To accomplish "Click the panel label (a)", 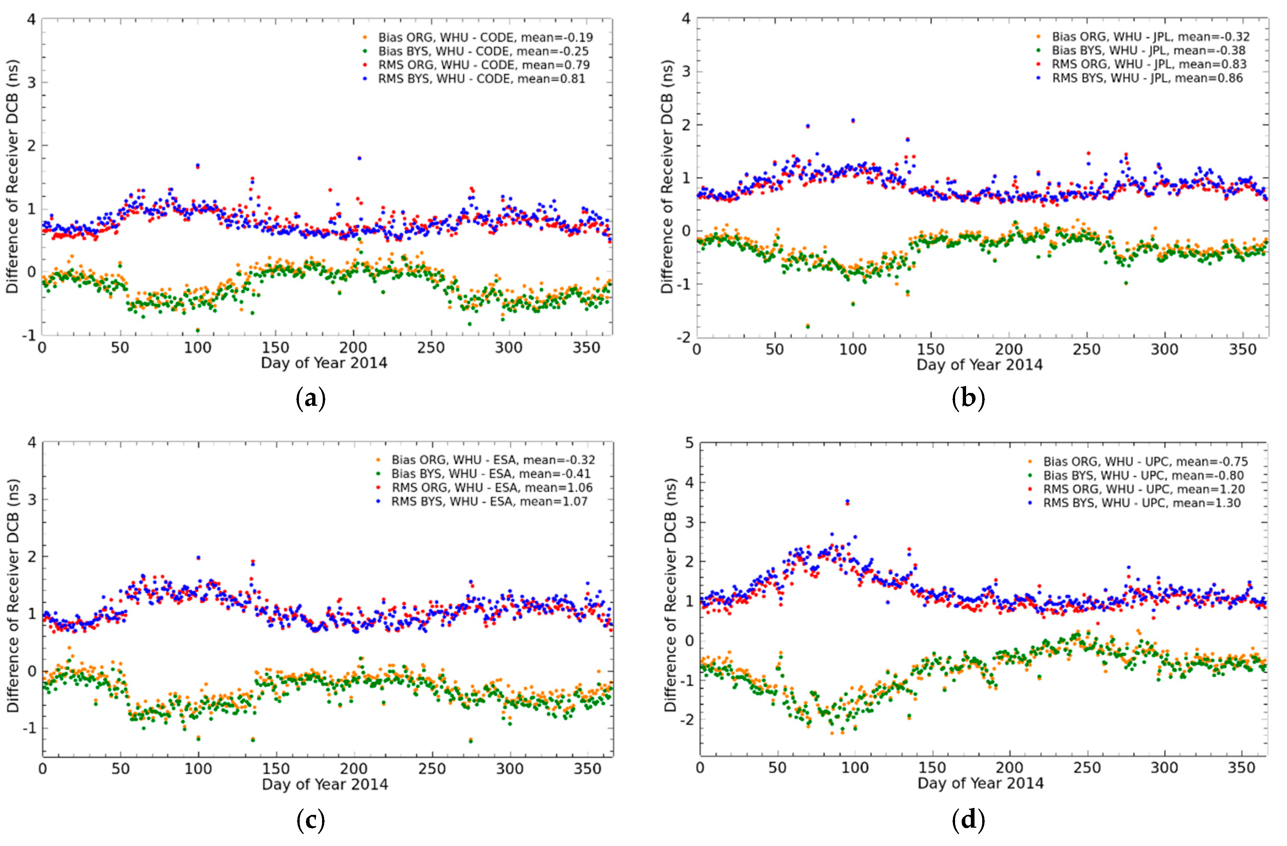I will [311, 399].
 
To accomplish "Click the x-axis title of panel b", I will [979, 364].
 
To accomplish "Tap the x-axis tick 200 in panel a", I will [353, 348].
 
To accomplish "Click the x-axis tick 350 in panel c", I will [587, 769].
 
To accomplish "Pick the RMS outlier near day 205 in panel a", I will [359, 158].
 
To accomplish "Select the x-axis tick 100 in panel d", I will [854, 768].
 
